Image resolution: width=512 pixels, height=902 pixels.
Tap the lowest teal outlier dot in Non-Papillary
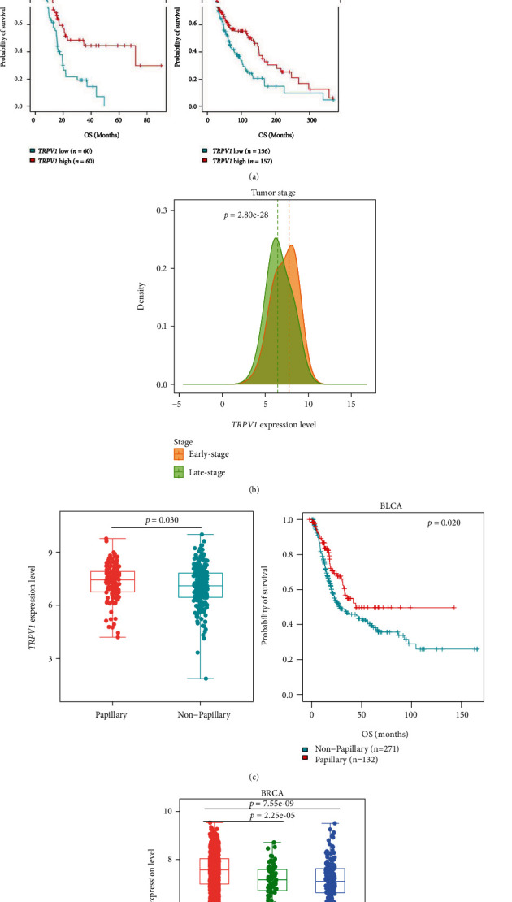206,679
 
